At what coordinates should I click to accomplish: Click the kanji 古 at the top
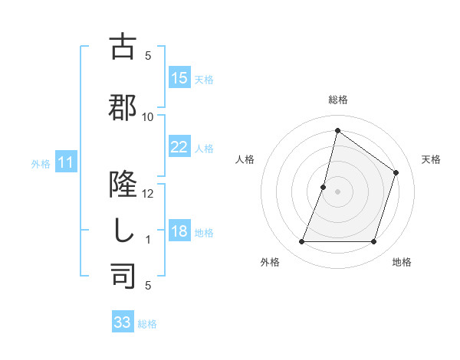pyautogui.click(x=123, y=47)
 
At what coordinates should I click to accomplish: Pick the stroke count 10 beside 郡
pyautogui.click(x=148, y=116)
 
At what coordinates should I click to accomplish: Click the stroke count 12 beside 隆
pyautogui.click(x=148, y=194)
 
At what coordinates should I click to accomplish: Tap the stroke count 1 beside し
pyautogui.click(x=148, y=240)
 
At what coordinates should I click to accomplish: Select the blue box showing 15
pyautogui.click(x=179, y=78)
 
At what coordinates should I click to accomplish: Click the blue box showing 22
pyautogui.click(x=179, y=147)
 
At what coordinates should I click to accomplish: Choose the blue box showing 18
pyautogui.click(x=179, y=232)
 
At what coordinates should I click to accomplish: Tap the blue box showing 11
pyautogui.click(x=66, y=162)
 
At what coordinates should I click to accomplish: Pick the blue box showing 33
pyautogui.click(x=123, y=322)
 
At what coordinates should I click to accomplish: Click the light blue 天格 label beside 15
pyautogui.click(x=204, y=79)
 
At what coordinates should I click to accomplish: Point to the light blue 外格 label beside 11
pyautogui.click(x=41, y=163)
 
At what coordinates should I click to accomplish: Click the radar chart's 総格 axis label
pyautogui.click(x=337, y=100)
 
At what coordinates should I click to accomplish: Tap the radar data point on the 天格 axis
pyautogui.click(x=396, y=172)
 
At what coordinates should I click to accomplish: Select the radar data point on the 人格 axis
pyautogui.click(x=324, y=187)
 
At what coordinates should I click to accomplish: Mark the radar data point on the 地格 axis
pyautogui.click(x=373, y=242)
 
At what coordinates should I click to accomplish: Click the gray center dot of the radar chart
pyautogui.click(x=337, y=191)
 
